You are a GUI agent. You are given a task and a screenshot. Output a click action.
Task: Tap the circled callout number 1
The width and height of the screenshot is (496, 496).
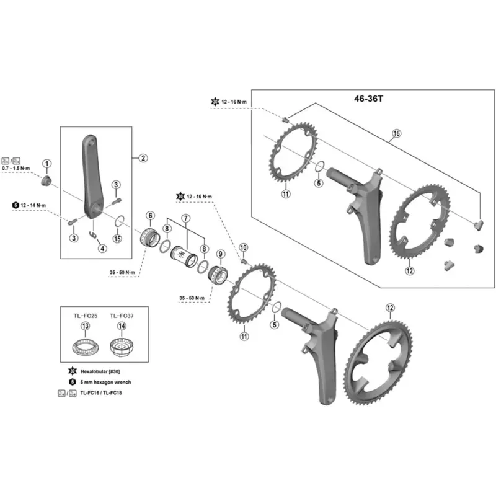(x=47, y=163)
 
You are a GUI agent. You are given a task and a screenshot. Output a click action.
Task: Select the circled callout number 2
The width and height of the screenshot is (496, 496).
(x=143, y=158)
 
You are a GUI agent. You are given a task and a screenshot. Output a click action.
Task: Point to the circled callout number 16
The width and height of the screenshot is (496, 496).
(x=397, y=133)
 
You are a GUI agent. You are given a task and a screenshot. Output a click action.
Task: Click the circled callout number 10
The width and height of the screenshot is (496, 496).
(x=243, y=247)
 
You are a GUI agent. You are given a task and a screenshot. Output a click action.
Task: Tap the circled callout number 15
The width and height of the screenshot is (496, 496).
(x=118, y=239)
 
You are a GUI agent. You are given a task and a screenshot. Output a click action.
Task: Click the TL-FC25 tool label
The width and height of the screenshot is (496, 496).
(x=84, y=316)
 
